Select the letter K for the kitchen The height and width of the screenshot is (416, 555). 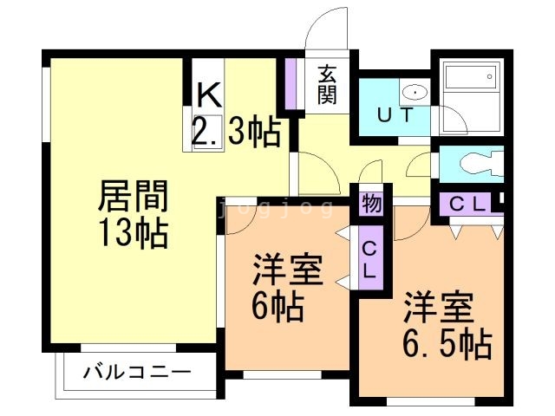(206, 93)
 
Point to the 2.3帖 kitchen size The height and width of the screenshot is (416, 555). (236, 132)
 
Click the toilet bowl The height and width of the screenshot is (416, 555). (478, 163)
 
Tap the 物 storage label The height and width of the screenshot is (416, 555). (371, 205)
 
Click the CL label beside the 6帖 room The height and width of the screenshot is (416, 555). (369, 258)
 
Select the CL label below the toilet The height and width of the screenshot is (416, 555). (467, 205)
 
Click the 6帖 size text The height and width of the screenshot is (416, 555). (277, 306)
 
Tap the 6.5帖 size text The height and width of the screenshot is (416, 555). (447, 343)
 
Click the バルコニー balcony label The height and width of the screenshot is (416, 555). (137, 374)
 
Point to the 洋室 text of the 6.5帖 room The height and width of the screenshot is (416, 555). (438, 309)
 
